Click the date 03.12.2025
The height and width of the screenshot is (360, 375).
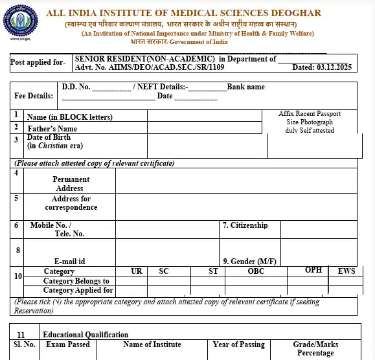[334, 67]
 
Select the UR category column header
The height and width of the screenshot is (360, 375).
[137, 271]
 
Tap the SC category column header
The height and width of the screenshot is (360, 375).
[164, 271]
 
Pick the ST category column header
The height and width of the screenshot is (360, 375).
[213, 271]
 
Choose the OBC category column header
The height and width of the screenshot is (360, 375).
[256, 271]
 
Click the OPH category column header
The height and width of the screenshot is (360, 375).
[313, 270]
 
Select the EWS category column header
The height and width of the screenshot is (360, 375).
[347, 271]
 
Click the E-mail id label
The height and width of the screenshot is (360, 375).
[70, 261]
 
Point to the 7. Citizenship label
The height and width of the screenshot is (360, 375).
[245, 225]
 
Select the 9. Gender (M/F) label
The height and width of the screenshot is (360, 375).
[249, 261]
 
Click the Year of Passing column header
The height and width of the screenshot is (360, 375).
[239, 344]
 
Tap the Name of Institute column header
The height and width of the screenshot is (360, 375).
[153, 344]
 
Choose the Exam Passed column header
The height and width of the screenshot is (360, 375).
[68, 344]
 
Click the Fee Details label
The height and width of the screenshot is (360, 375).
[34, 96]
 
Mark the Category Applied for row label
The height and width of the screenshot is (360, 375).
[78, 290]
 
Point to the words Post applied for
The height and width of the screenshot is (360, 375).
[38, 62]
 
